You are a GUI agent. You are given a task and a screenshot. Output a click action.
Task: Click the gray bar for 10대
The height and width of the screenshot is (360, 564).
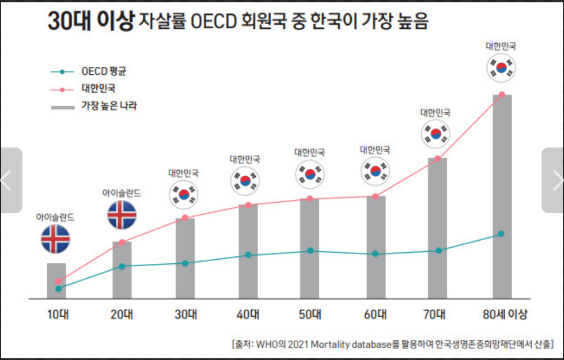tap(56, 281)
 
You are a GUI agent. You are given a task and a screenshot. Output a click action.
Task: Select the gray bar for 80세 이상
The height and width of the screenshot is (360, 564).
tap(502, 196)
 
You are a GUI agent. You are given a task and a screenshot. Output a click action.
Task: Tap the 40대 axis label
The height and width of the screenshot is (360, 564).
tap(248, 314)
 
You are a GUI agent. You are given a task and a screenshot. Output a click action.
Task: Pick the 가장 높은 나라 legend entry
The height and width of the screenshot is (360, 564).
tap(109, 106)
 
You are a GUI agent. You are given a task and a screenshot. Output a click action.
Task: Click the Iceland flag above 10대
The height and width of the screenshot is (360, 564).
tap(55, 238)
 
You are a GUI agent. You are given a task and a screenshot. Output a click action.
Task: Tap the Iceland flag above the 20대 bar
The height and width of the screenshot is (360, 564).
tap(122, 214)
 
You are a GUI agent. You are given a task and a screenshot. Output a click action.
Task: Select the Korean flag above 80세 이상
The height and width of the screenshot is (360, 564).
tap(501, 67)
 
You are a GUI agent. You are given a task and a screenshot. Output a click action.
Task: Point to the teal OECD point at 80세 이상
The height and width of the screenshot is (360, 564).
tap(501, 234)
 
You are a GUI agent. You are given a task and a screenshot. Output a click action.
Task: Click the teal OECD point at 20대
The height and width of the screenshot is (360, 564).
tap(122, 266)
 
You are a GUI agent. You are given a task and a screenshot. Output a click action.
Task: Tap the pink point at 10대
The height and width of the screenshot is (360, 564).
tap(58, 281)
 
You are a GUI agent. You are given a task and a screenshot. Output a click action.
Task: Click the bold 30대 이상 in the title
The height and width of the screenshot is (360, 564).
tap(91, 21)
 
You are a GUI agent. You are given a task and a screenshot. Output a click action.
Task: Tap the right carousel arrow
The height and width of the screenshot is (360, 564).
tap(555, 180)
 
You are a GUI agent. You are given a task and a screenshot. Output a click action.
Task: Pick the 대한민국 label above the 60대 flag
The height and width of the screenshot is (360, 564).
tap(375, 150)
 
